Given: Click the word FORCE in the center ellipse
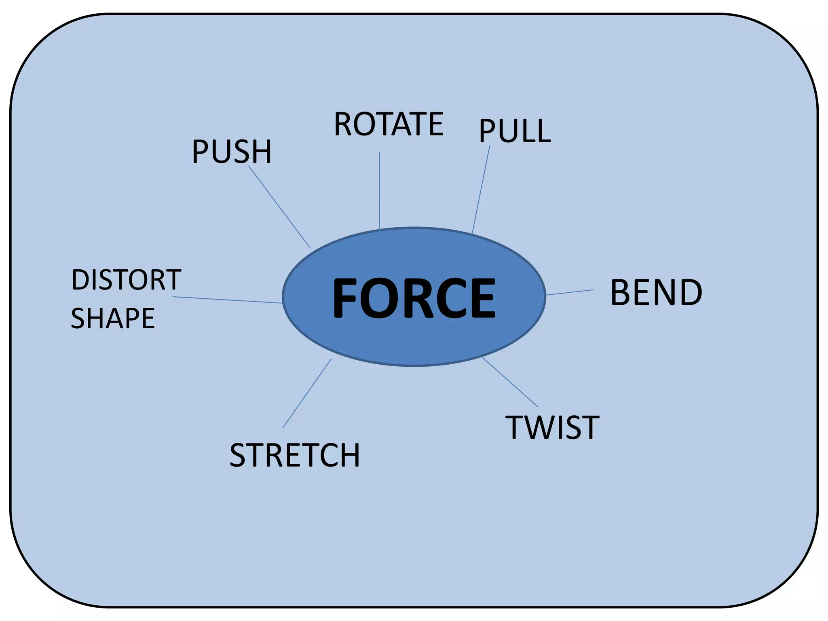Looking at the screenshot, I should [414, 298].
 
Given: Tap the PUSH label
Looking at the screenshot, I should [232, 152].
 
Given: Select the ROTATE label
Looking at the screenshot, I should [389, 124].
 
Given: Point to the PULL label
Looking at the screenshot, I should [515, 131].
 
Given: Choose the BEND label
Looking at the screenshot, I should [656, 292].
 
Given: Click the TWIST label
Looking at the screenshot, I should [552, 427].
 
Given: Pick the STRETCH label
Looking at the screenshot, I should [295, 455].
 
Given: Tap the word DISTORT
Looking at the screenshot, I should [126, 280].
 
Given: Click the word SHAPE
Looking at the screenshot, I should [113, 318].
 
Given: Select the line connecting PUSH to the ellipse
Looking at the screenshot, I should [279, 207].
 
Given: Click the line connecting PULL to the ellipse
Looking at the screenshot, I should [481, 189].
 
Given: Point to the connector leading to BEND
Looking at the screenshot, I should [570, 292].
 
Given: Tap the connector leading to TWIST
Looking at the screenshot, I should [510, 382].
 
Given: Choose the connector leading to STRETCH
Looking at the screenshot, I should [307, 393].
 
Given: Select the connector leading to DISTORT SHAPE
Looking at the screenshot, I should [227, 300].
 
